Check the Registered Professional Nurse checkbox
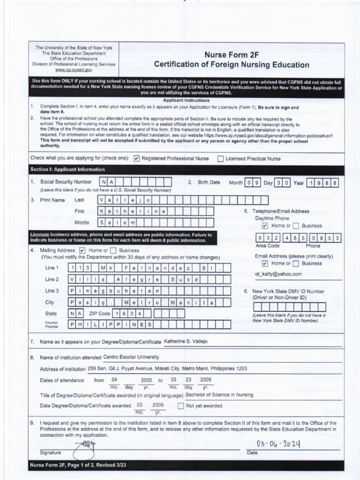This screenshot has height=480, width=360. pyautogui.click(x=137, y=158)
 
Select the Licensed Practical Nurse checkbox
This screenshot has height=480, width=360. pyautogui.click(x=220, y=158)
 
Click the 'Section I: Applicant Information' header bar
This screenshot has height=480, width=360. pyautogui.click(x=67, y=170)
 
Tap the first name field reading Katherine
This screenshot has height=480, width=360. pyautogui.click(x=133, y=211)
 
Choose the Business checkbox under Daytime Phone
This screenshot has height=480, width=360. pyautogui.click(x=297, y=226)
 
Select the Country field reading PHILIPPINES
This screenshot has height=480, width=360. pyautogui.click(x=112, y=324)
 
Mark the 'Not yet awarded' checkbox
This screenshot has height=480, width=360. pyautogui.click(x=181, y=406)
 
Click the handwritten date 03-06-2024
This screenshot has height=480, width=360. pyautogui.click(x=278, y=444)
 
